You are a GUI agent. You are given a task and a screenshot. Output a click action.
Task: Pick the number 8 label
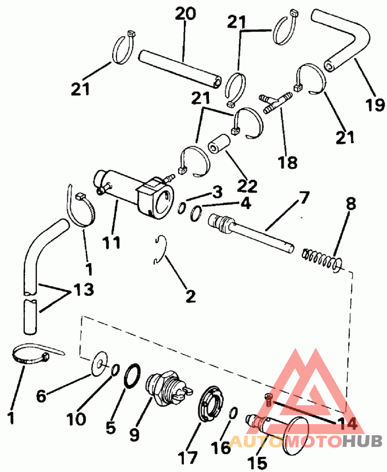tap(350, 203)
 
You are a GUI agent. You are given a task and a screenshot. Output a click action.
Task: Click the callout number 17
tap(187, 457)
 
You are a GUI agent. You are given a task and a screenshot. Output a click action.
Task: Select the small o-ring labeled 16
tap(232, 413)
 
